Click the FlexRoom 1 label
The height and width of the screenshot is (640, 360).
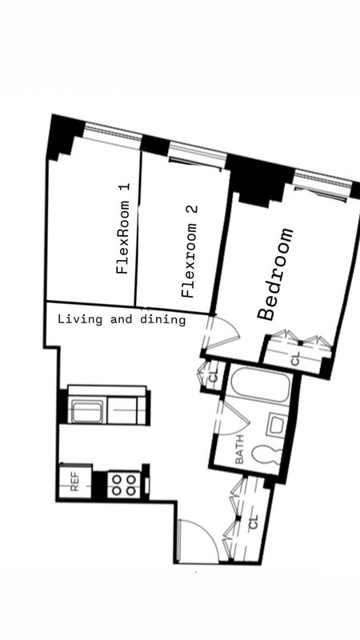click(123, 228)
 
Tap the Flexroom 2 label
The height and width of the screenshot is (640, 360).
click(190, 251)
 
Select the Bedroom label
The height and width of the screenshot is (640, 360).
click(275, 274)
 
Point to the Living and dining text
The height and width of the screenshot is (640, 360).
click(122, 319)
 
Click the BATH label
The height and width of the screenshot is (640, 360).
click(239, 449)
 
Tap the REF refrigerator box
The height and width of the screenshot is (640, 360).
click(75, 482)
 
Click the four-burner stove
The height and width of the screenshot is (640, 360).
click(124, 485)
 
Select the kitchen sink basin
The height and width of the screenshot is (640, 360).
click(86, 411)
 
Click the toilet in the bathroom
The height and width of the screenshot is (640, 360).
click(266, 454)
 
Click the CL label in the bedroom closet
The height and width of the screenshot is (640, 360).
click(296, 358)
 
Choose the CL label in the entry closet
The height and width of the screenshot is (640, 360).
click(254, 522)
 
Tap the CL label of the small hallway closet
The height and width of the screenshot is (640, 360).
click(213, 378)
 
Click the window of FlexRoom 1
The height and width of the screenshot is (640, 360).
click(113, 134)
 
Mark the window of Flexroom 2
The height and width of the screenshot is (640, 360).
click(198, 154)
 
